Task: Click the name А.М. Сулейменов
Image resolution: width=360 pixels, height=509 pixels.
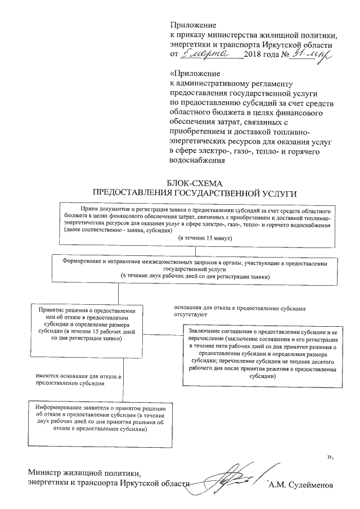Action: click(x=301, y=484)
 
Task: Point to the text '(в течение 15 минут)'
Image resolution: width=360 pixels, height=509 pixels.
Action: click(x=201, y=238)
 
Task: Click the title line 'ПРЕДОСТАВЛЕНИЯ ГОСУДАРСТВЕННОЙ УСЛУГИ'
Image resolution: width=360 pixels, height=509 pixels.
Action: click(x=195, y=192)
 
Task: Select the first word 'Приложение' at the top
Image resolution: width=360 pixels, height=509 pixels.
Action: click(x=193, y=25)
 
